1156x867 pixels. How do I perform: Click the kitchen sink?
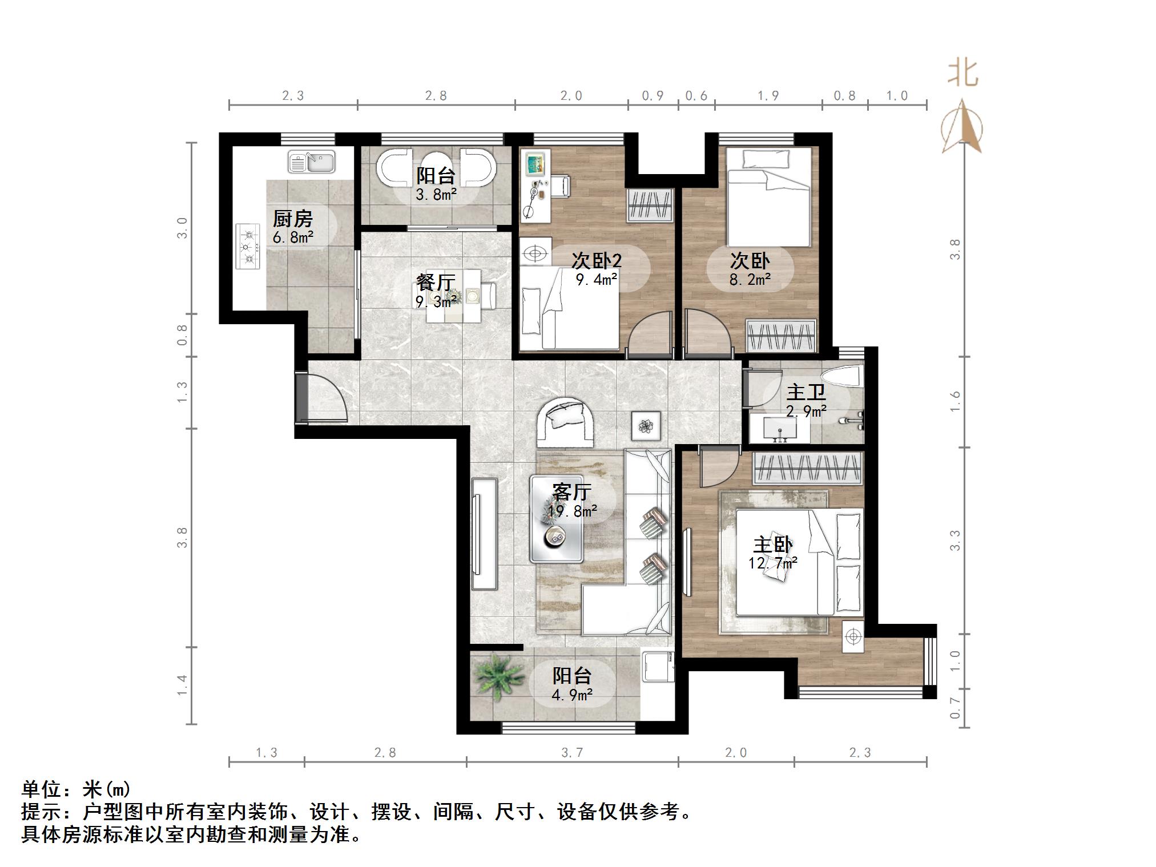coord(311,162)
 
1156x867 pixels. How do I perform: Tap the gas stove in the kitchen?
coord(248,247)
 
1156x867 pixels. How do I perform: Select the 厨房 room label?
coord(292,219)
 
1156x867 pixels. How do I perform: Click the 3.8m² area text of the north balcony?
coord(436,195)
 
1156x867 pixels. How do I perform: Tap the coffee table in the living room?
coord(557,518)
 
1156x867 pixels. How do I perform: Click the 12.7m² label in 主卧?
coord(773,563)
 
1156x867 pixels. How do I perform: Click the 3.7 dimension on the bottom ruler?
coord(572,753)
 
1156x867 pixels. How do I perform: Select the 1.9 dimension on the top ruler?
coord(768,96)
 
